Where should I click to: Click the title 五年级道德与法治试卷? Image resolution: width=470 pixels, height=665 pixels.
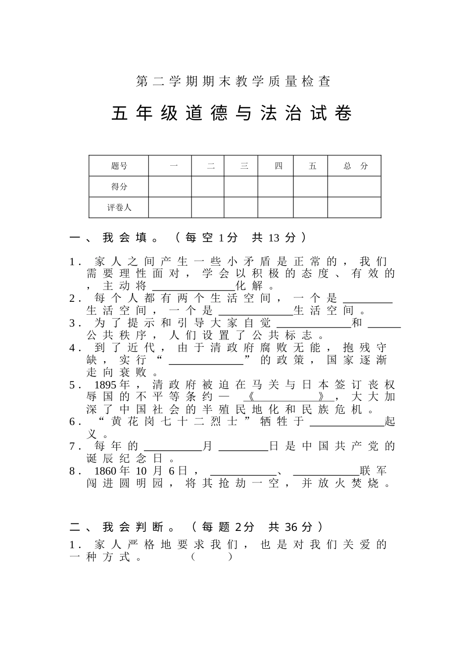tap(232, 113)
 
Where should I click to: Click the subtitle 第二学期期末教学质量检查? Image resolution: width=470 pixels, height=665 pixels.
tap(233, 82)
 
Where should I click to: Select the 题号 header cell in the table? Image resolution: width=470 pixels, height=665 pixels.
tap(119, 166)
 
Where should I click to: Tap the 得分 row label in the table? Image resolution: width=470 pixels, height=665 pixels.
tap(119, 187)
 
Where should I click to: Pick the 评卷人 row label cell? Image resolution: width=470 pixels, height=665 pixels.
tap(119, 207)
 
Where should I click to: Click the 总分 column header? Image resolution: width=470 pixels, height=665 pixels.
tap(355, 166)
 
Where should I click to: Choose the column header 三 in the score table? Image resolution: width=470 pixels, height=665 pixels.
tap(244, 166)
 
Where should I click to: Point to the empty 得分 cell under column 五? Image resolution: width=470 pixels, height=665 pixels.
tap(311, 187)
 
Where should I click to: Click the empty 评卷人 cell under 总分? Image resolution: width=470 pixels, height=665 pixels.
tap(355, 207)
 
